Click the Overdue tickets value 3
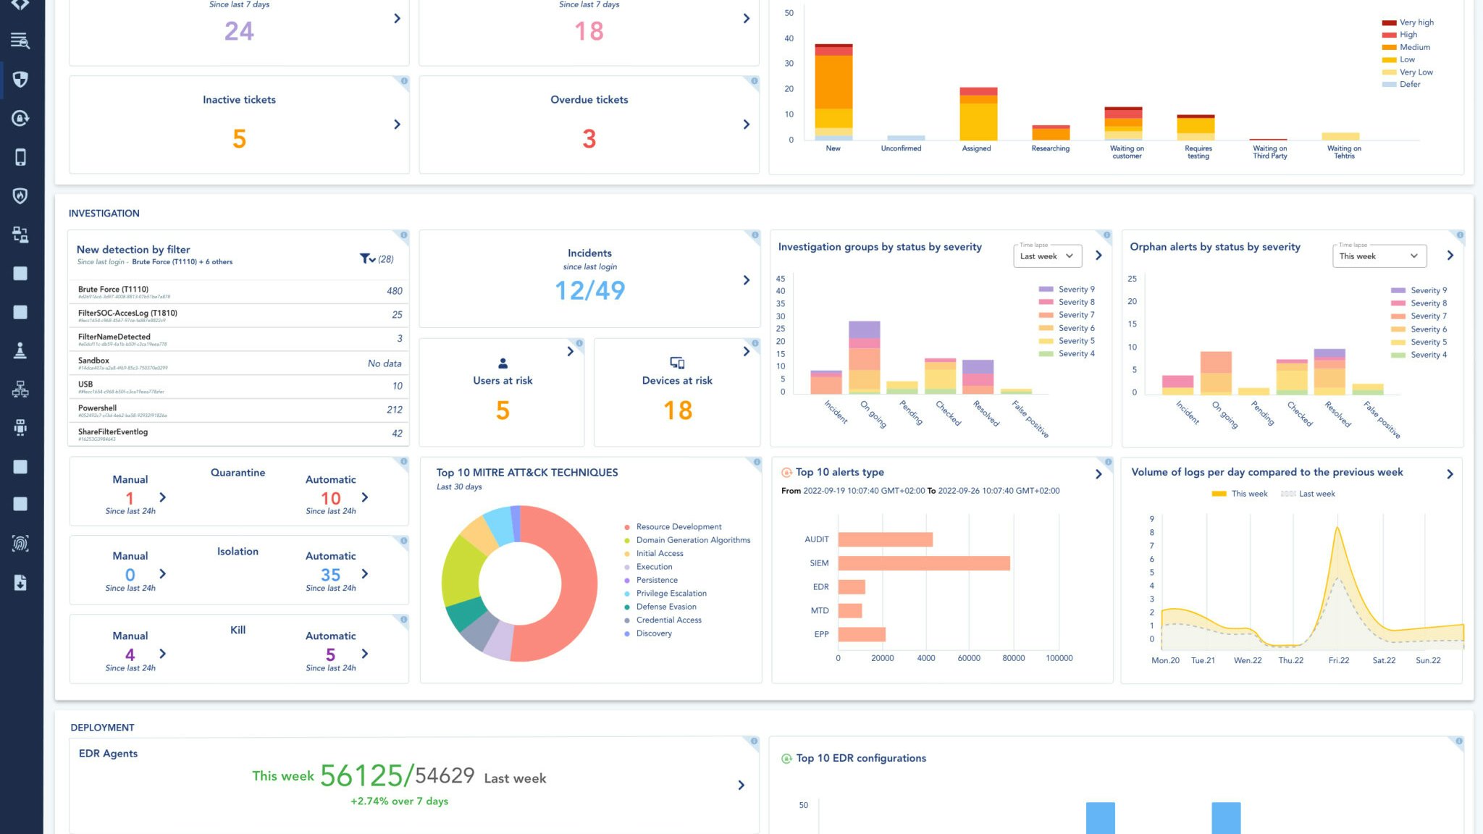[589, 138]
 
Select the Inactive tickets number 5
[239, 138]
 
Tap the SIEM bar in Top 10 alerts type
[923, 563]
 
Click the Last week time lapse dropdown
[1047, 256]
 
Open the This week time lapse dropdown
[1379, 256]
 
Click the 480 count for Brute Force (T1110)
[394, 291]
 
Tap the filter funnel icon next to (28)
[366, 258]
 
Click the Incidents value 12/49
[589, 290]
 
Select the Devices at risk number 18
[678, 410]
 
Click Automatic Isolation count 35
[330, 575]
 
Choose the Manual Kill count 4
[130, 654]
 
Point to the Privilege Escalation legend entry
[671, 594]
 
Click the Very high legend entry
[1416, 22]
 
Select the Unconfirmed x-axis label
[901, 148]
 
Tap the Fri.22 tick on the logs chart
[1338, 660]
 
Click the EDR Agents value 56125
[361, 775]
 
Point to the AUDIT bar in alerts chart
[885, 539]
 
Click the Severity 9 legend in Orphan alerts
[1427, 290]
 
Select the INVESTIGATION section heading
[104, 214]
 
